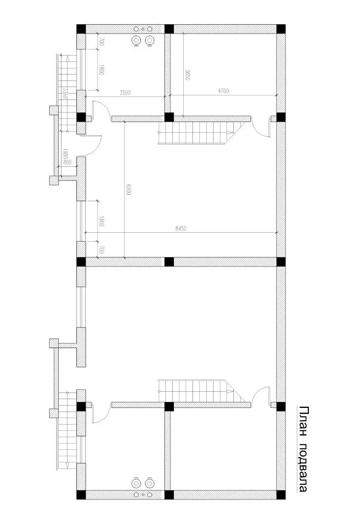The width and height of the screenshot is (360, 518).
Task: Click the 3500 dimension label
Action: click(x=125, y=93)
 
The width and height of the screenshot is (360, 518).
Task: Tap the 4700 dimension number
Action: click(x=223, y=91)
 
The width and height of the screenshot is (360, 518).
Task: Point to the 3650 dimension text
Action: click(x=187, y=74)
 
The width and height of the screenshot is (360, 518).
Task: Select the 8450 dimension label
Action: click(x=181, y=229)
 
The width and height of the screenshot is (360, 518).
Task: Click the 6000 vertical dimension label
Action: click(x=129, y=190)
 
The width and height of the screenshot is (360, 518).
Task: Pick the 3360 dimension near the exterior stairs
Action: click(x=65, y=93)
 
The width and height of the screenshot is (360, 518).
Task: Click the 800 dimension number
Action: click(x=67, y=163)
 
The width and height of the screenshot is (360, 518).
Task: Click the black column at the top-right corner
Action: click(x=281, y=29)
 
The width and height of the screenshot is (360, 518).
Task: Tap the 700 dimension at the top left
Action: click(x=102, y=41)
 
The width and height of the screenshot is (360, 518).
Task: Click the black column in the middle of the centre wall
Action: click(x=169, y=262)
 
